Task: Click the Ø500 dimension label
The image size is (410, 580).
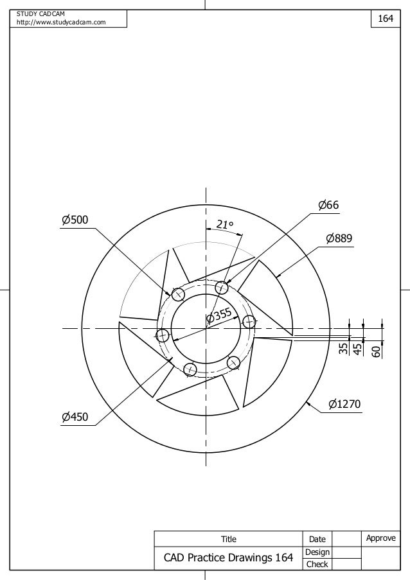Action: tap(75, 220)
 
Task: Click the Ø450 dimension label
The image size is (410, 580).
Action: tap(75, 417)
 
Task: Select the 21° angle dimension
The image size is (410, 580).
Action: tap(224, 224)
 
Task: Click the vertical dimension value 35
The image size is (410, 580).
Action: tap(343, 349)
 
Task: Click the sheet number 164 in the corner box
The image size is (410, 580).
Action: tap(386, 19)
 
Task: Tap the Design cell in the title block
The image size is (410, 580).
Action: tap(317, 552)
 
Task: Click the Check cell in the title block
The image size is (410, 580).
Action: tap(317, 564)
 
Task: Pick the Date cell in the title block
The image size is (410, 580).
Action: tap(317, 539)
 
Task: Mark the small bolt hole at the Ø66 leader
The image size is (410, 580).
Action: tap(222, 286)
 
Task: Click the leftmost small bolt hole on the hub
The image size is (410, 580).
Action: tap(163, 335)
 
